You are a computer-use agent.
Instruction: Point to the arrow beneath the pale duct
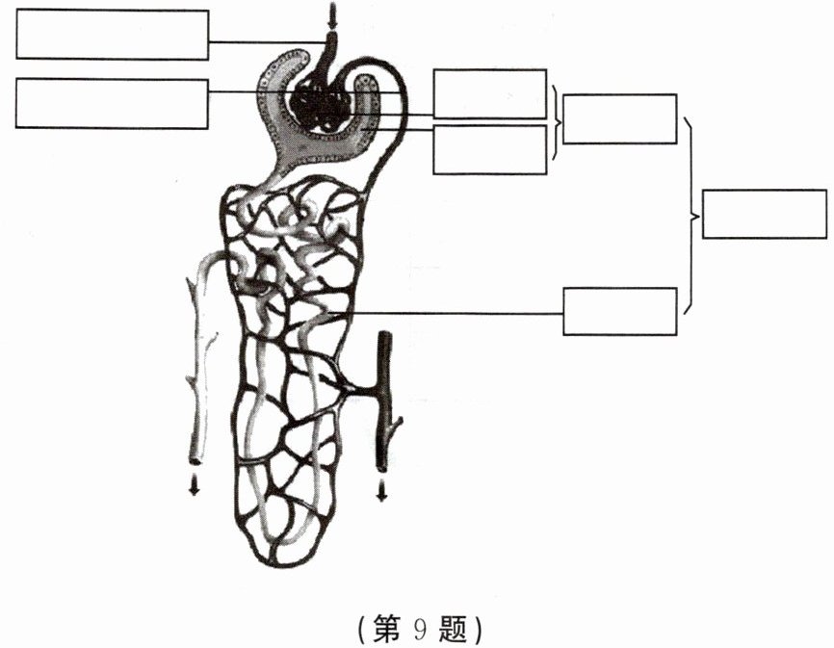pos(195,484)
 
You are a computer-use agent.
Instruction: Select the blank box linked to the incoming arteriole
pos(113,35)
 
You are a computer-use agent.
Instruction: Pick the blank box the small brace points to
pos(619,118)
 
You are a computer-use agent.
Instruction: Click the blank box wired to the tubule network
pos(619,311)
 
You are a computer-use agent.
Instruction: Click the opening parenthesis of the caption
pos(360,630)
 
